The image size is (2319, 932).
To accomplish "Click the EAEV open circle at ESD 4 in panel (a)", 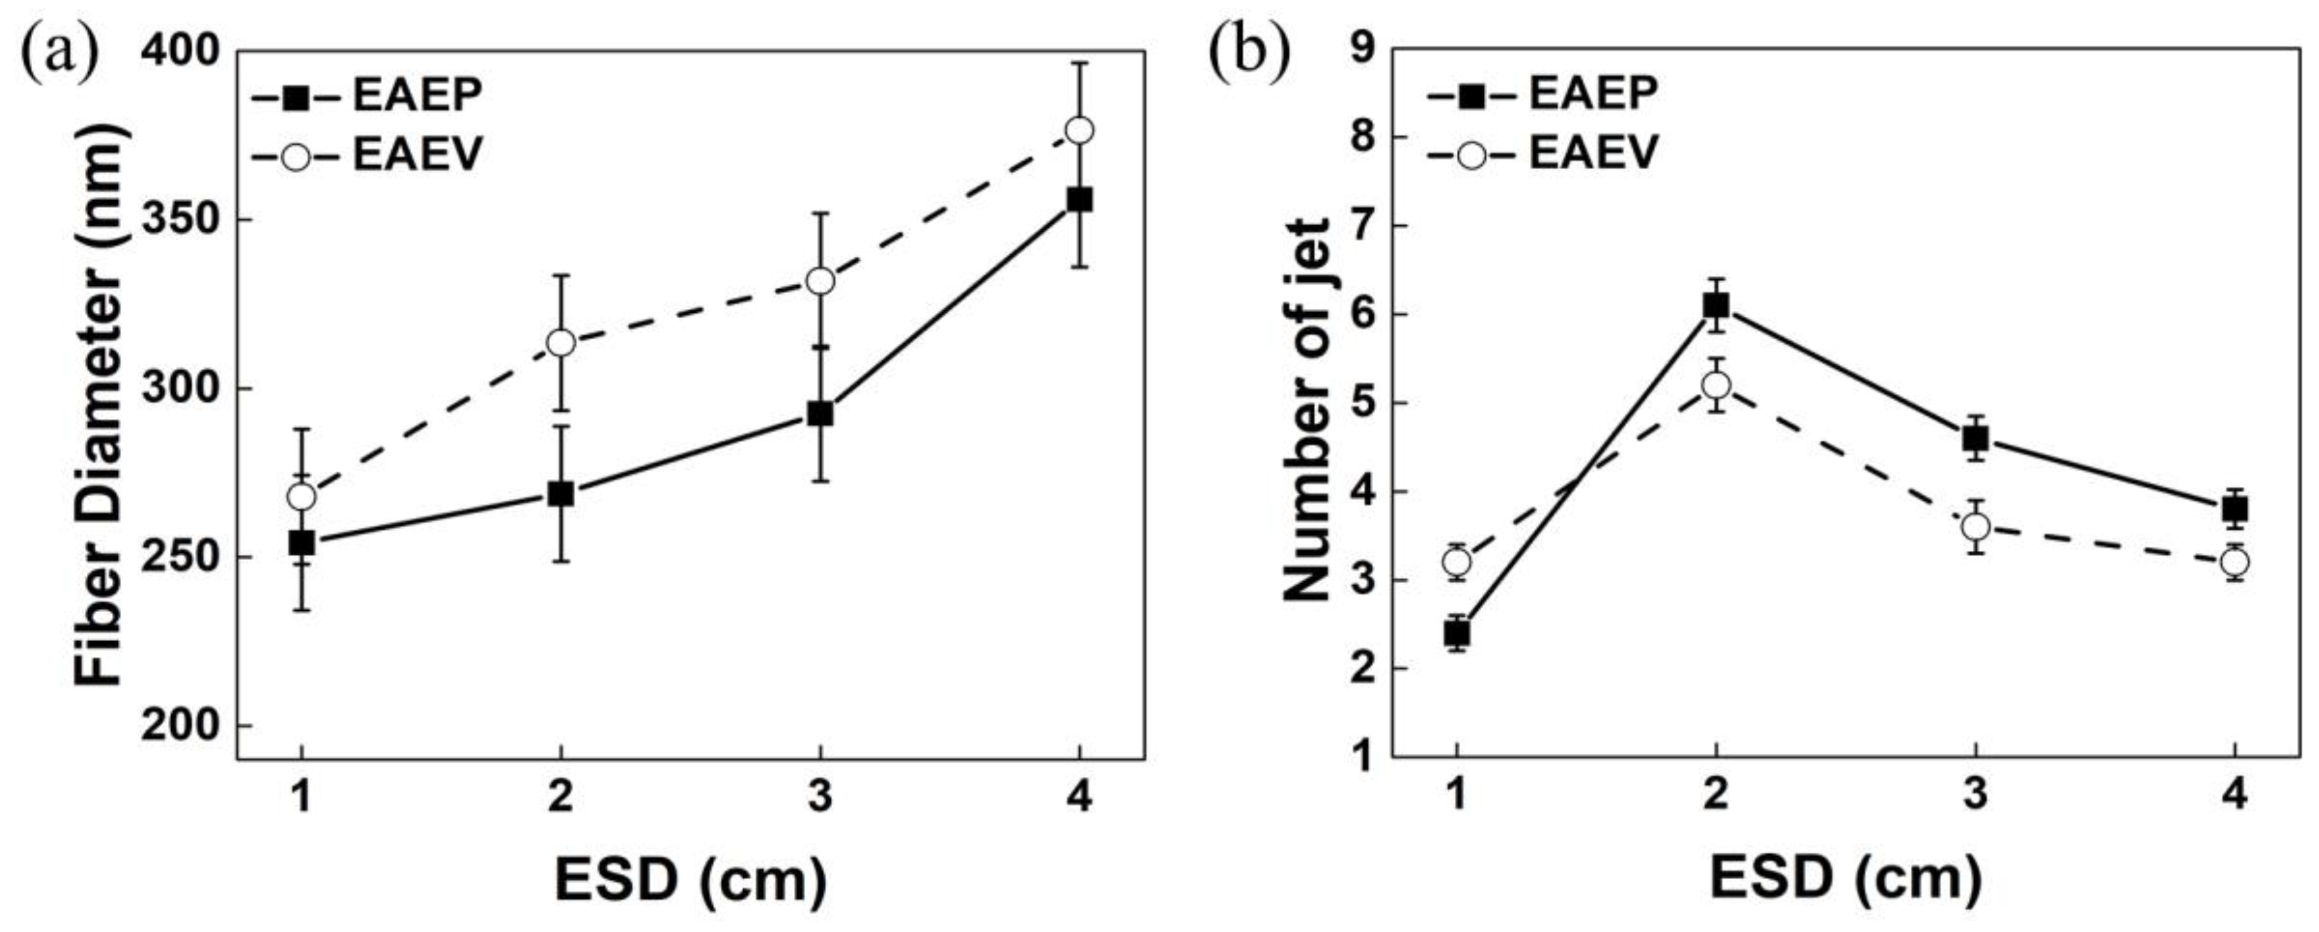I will point(1078,131).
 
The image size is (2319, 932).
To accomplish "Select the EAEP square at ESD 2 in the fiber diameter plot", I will point(561,494).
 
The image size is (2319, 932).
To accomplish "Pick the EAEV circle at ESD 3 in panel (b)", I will point(1975,526).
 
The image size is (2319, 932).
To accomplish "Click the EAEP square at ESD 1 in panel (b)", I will point(1457,633).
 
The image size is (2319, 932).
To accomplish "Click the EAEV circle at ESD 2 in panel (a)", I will point(561,343).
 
